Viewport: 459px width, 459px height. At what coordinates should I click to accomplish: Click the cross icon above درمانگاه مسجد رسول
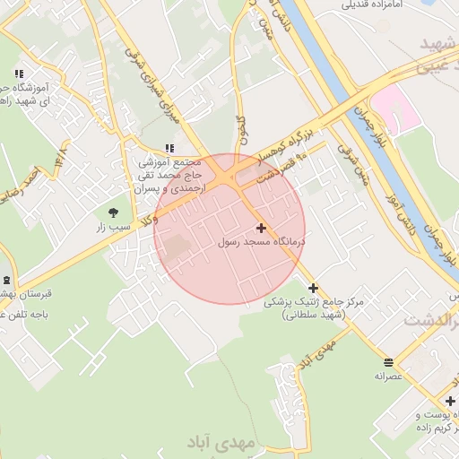[x=261, y=228]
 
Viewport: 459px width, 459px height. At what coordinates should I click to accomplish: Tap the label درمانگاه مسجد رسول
[x=262, y=242]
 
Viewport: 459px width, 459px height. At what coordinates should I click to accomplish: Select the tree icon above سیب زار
[x=113, y=212]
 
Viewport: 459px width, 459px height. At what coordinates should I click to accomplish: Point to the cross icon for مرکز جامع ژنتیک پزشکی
[x=313, y=288]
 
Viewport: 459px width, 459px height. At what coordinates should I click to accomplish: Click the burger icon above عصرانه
[x=387, y=362]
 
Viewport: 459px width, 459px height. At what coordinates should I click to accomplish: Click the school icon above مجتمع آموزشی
[x=169, y=148]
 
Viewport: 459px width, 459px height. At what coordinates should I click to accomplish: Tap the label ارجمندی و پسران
[x=170, y=189]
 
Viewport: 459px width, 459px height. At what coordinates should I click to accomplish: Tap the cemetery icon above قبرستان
[x=6, y=280]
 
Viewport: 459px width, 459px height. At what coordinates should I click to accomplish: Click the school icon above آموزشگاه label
[x=18, y=74]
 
